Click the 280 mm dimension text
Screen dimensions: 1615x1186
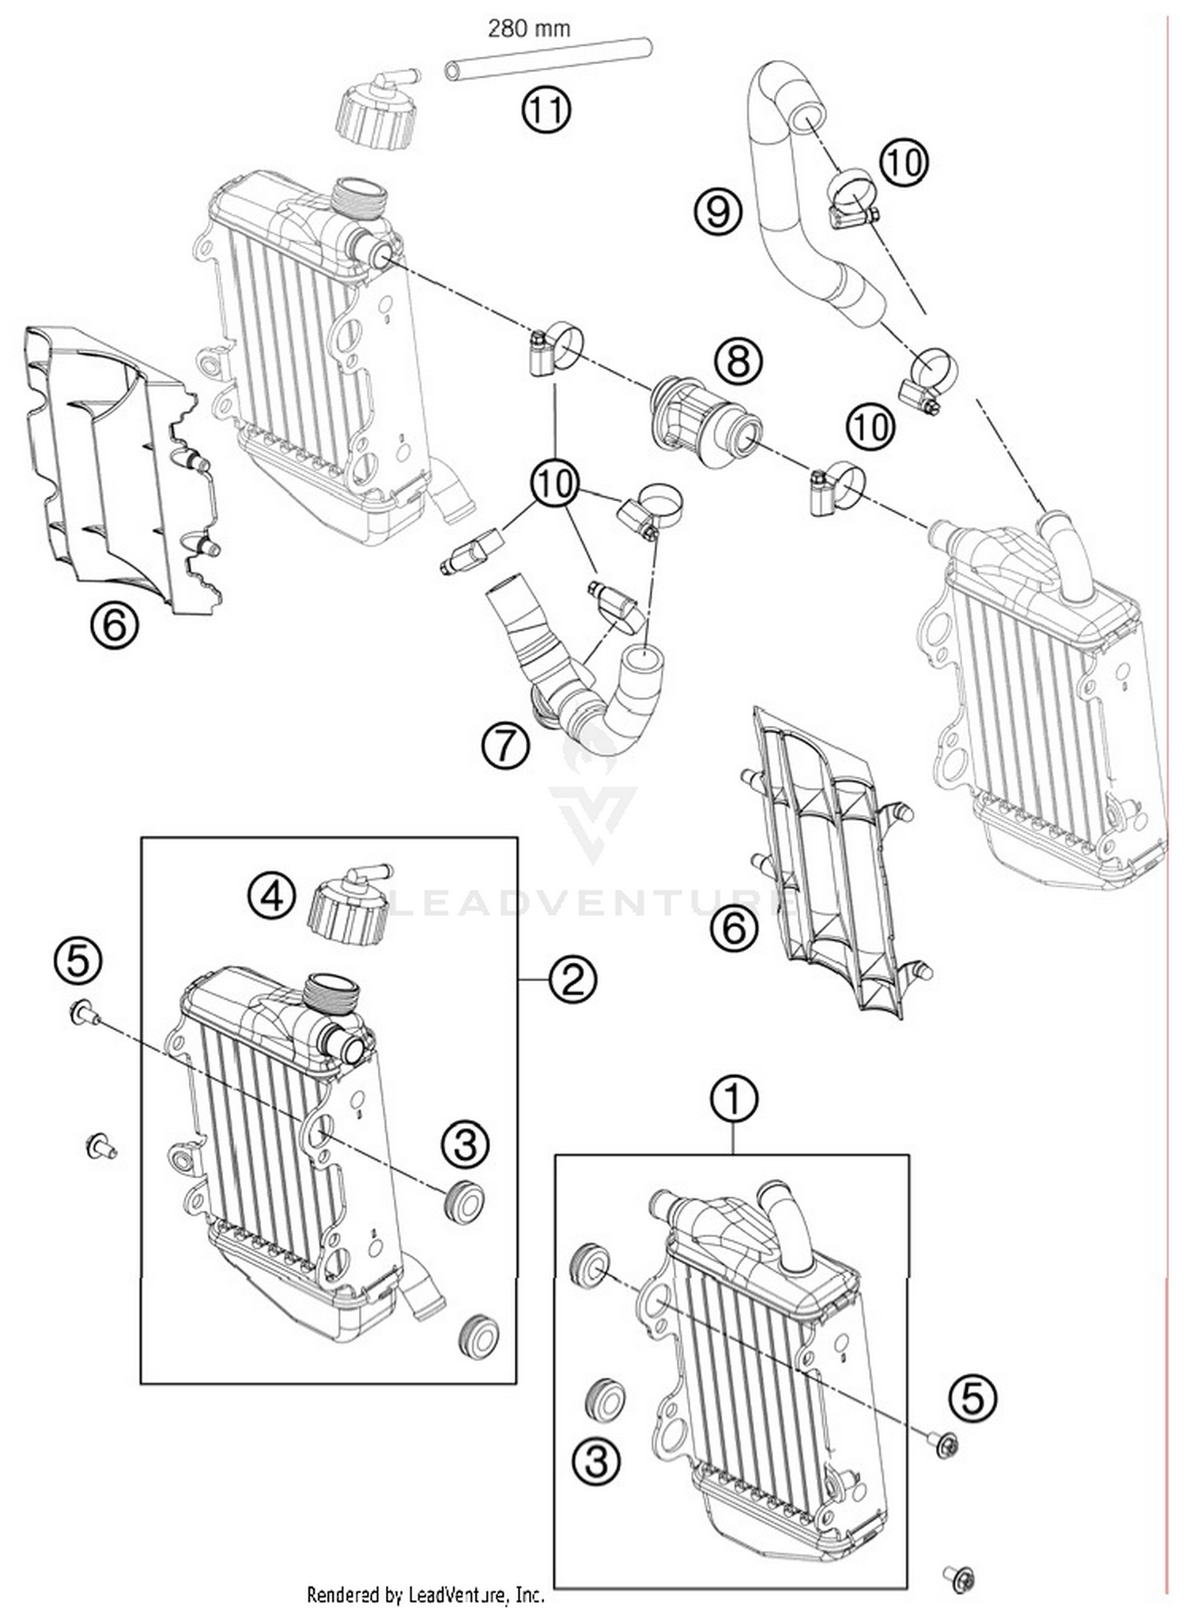528,29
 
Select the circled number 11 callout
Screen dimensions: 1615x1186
546,110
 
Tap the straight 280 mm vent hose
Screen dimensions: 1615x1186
548,59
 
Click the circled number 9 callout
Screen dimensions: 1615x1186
718,212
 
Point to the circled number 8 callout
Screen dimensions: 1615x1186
737,362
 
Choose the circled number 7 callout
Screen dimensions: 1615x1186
504,745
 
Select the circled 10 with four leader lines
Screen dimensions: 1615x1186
554,482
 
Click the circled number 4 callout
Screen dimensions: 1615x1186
271,896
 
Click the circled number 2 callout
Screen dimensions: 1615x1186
572,980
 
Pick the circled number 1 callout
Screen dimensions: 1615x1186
734,1098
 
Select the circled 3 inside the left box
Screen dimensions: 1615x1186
465,1144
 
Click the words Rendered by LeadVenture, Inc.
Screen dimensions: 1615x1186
425,1594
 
